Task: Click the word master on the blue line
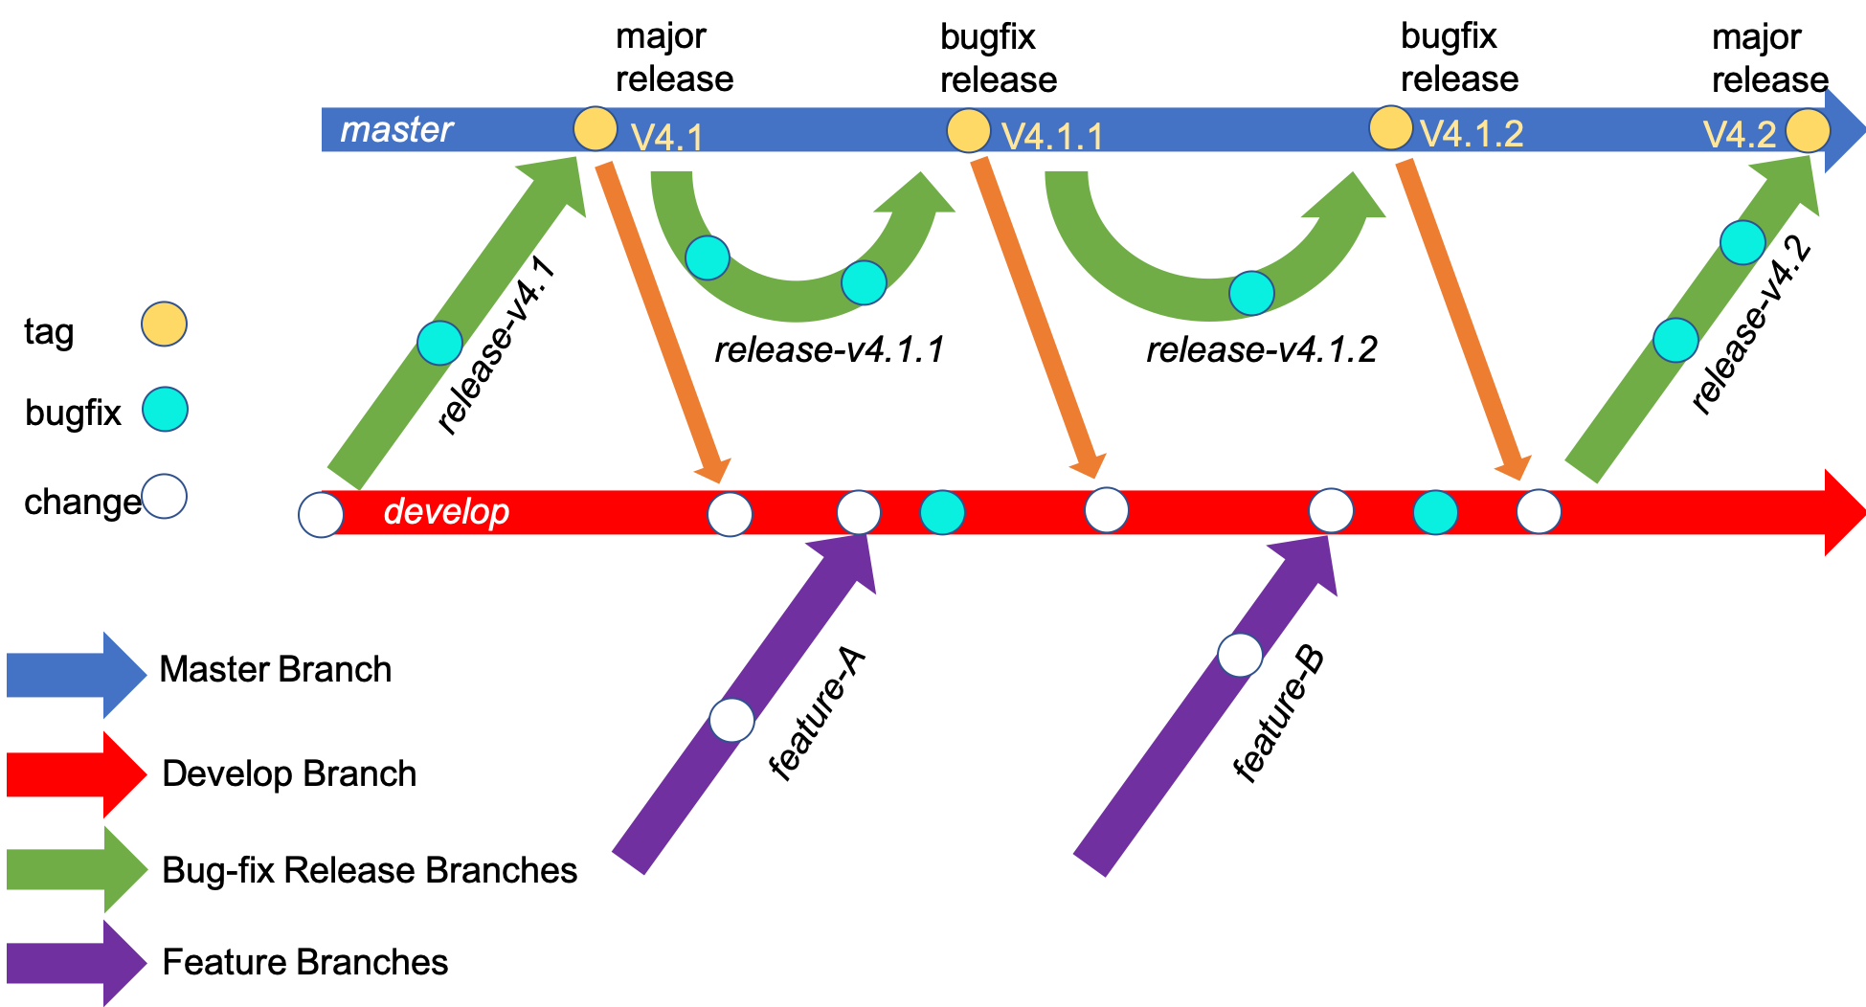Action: pyautogui.click(x=396, y=129)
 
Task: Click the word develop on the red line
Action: pyautogui.click(x=446, y=511)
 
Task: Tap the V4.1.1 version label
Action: pyautogui.click(x=1052, y=137)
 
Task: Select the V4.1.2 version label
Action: pyautogui.click(x=1472, y=134)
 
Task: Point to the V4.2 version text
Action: pyautogui.click(x=1740, y=134)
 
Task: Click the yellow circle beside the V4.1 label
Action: pyautogui.click(x=595, y=128)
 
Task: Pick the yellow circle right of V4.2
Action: pyautogui.click(x=1808, y=130)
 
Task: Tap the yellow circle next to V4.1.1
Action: pyautogui.click(x=968, y=130)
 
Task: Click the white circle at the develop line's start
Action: pyautogui.click(x=321, y=515)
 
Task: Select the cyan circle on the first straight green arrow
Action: pyautogui.click(x=439, y=343)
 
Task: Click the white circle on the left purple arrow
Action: pyautogui.click(x=731, y=720)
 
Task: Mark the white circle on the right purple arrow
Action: pyautogui.click(x=1240, y=655)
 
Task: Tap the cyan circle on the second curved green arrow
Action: pyautogui.click(x=1251, y=292)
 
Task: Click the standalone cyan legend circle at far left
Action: pyautogui.click(x=165, y=409)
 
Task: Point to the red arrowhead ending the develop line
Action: pyautogui.click(x=1843, y=513)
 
